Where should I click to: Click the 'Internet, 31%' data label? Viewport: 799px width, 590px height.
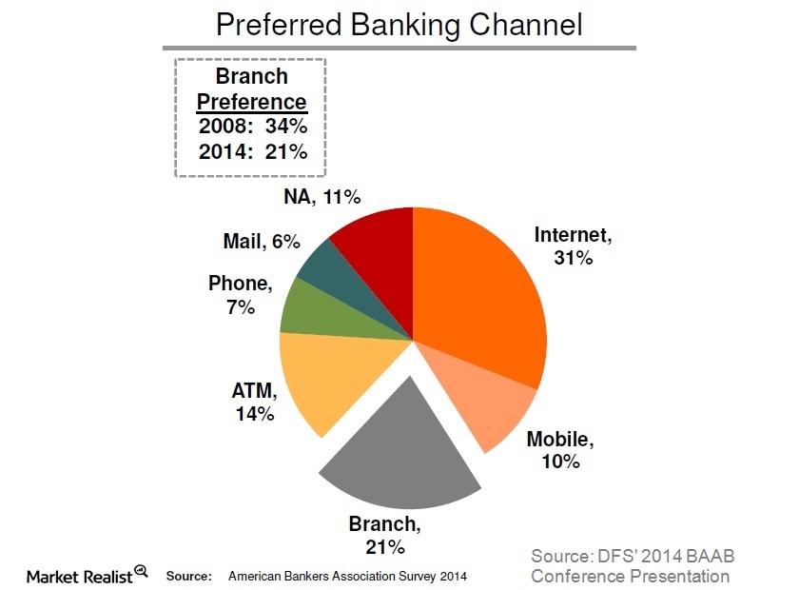point(574,246)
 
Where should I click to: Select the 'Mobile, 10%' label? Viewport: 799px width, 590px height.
point(560,450)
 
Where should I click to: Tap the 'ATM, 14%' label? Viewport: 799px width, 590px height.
point(254,402)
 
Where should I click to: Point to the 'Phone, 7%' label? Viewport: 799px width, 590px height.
point(241,295)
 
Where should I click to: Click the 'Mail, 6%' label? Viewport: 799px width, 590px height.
point(262,241)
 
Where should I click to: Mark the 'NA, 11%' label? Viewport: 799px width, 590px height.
point(322,196)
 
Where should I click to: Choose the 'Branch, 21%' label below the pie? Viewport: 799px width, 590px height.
point(384,535)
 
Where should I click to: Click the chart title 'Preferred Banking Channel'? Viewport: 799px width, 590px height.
point(399,25)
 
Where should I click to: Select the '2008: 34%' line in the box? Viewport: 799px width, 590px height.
point(253,126)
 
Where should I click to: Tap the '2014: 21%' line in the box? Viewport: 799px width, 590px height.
point(253,151)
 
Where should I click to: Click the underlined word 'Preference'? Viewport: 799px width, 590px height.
point(252,102)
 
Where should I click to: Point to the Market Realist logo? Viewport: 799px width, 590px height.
point(88,575)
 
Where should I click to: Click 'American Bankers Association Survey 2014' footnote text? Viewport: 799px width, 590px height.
point(347,577)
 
